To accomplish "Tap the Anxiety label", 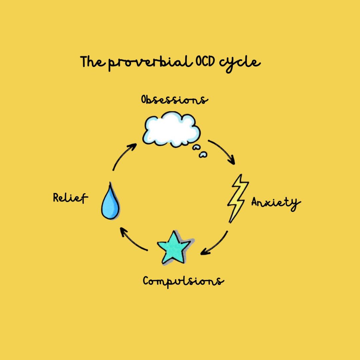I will (276, 203).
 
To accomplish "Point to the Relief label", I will (70, 198).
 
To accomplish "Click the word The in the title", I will (94, 62).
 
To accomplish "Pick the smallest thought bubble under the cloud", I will (203, 154).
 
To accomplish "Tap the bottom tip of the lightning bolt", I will (230, 222).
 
